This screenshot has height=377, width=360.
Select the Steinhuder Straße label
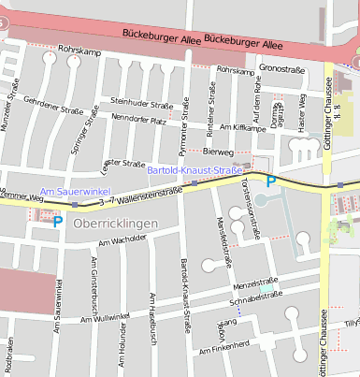pos(141,102)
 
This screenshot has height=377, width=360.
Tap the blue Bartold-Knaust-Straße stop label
pos(201,170)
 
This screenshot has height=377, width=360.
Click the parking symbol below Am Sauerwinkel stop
pos(57,222)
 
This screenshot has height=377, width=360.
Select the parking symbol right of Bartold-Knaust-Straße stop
pos(272,181)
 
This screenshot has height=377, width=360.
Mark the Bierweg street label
pos(218,151)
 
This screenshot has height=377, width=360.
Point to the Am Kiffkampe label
pos(243,126)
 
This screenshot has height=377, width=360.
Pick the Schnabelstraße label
pos(256,297)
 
